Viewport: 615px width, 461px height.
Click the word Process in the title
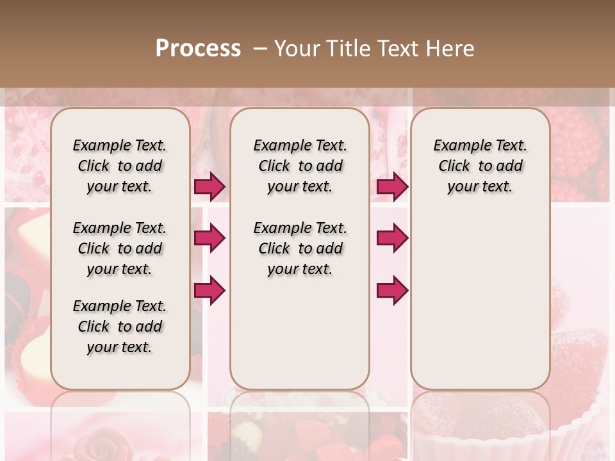point(198,49)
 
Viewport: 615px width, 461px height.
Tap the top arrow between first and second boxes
point(209,186)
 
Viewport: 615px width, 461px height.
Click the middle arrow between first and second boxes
point(209,238)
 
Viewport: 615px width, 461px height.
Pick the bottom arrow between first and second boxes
point(209,290)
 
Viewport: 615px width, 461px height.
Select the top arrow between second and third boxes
point(392,186)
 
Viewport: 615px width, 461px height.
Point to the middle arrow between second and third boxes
point(392,238)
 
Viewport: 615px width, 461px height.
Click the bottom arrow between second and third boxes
point(392,290)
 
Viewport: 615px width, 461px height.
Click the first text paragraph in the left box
point(120,166)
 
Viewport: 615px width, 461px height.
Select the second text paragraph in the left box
point(120,248)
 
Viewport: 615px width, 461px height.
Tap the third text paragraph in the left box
point(120,327)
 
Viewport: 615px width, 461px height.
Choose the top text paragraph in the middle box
point(300,166)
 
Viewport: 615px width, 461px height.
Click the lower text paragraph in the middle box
point(300,248)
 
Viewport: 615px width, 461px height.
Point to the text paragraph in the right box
point(480,166)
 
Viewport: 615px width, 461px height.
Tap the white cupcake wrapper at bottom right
point(564,442)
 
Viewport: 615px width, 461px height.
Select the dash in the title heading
point(260,49)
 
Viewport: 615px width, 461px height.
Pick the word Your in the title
point(297,49)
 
